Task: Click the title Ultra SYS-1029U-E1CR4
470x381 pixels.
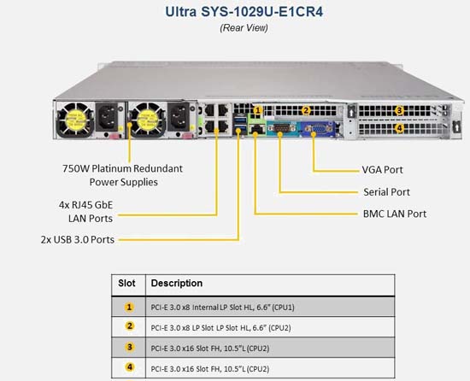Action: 244,12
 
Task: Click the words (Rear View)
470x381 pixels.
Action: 244,28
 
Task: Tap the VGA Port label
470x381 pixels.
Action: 382,170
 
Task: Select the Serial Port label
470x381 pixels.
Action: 386,192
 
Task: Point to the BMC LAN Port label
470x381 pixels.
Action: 395,214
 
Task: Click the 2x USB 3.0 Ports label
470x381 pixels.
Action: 78,240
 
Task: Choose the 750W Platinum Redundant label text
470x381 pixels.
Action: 122,168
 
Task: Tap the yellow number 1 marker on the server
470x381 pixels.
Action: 257,110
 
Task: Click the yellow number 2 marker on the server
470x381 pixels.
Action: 305,110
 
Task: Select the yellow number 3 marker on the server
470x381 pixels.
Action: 399,110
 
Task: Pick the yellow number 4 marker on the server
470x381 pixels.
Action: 399,128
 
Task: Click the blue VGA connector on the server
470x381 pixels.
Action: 317,129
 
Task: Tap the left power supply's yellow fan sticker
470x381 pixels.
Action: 76,120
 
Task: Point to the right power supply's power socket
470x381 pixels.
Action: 179,117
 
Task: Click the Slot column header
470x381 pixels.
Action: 126,283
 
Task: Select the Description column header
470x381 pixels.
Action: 177,283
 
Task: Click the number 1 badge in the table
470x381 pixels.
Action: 129,307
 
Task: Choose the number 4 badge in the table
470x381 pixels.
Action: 130,367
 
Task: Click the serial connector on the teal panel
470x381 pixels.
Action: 279,129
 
